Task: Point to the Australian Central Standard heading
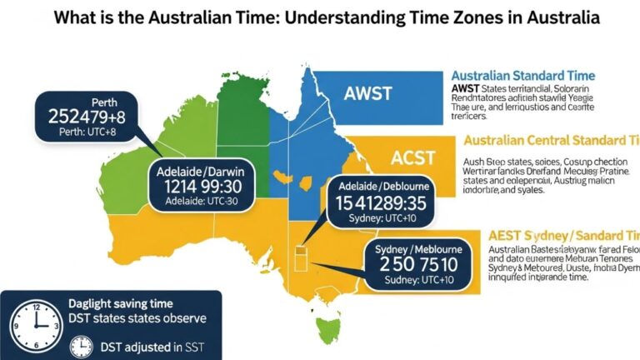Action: [549, 140]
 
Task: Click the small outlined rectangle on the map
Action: [302, 253]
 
